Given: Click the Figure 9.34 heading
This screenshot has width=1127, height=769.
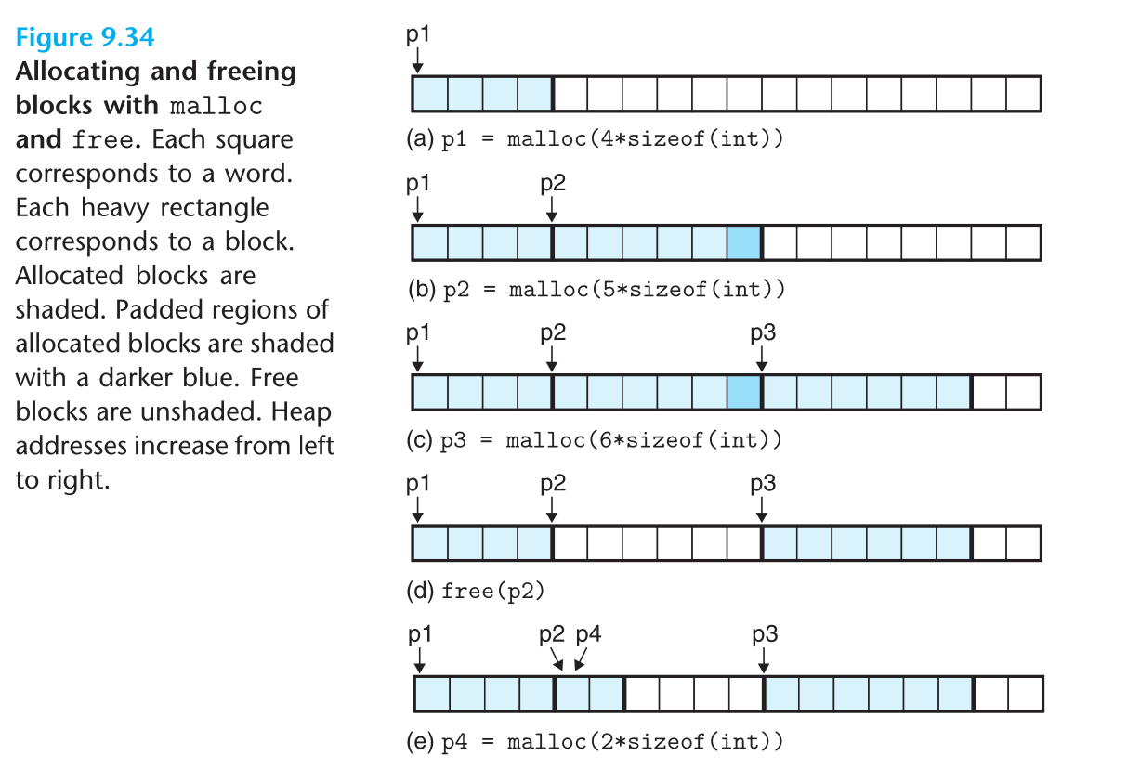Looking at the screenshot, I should click(85, 38).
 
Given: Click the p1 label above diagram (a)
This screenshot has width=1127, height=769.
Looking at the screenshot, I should click(419, 34).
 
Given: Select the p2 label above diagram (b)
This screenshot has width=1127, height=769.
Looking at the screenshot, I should click(553, 183).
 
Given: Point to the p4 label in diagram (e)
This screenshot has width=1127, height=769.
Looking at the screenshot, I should click(588, 634).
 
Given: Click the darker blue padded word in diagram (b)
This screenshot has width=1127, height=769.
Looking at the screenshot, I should click(744, 242).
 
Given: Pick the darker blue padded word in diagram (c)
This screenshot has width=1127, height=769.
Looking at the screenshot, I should click(744, 393).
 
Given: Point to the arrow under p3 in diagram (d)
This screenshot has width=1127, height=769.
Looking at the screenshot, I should click(762, 510).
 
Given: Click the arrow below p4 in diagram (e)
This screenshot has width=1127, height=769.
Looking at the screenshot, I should click(579, 660).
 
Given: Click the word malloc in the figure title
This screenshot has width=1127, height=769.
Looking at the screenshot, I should click(216, 106).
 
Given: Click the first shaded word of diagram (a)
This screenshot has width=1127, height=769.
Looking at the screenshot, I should click(430, 94).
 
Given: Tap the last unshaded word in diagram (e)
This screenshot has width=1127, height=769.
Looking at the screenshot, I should click(1025, 694).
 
